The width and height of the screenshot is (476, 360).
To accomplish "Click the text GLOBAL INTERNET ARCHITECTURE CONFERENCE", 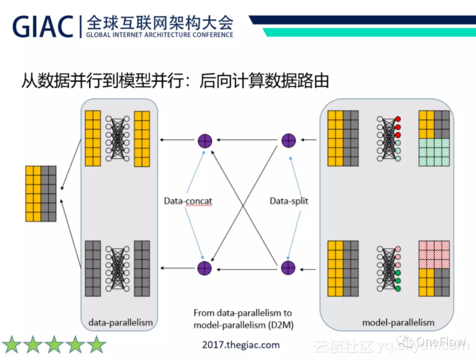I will tap(159, 35).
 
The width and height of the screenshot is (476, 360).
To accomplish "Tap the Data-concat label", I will tap(188, 201).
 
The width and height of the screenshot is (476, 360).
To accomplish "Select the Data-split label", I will tap(288, 201).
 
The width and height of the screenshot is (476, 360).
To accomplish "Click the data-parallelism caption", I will tap(120, 322).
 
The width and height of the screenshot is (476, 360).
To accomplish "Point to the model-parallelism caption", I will tap(398, 322).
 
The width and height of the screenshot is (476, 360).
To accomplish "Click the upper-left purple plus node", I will tap(205, 141).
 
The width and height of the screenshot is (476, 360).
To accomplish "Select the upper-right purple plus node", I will tap(288, 141).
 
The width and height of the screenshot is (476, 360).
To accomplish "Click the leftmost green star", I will tap(12, 344).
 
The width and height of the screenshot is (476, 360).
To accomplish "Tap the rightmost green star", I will tap(96, 344).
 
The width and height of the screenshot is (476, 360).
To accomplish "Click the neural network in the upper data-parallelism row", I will tap(118, 138).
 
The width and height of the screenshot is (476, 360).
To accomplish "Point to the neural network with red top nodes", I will tap(388, 138).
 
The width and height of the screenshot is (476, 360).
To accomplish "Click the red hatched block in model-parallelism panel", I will tap(434, 254).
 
